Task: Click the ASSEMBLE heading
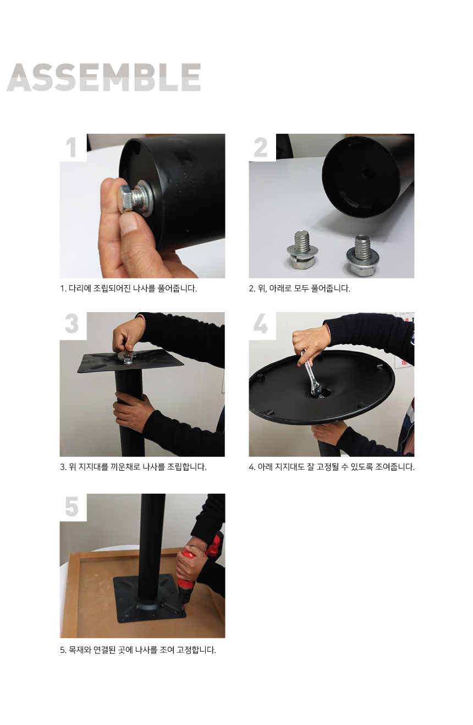[104, 77]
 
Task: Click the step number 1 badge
[71, 148]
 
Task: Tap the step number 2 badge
[261, 148]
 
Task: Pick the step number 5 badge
[71, 506]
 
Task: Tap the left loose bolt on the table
[302, 249]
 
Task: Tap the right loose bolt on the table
[362, 255]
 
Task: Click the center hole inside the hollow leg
[367, 172]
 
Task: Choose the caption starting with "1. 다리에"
[128, 288]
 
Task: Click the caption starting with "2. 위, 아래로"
[299, 288]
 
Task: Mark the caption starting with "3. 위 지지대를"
[133, 467]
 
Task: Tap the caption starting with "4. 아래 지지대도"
[332, 467]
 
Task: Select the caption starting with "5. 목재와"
[138, 650]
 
